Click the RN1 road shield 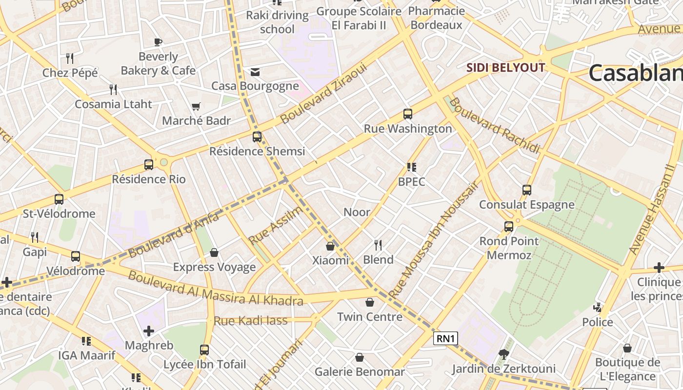tap(445, 338)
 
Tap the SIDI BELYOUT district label tap(505, 67)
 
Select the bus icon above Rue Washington tap(408, 114)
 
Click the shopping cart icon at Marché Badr tap(196, 106)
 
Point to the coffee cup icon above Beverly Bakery tap(158, 42)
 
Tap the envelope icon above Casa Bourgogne tap(255, 72)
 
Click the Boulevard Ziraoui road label tap(323, 94)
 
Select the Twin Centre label tap(370, 317)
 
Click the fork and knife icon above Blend tap(378, 245)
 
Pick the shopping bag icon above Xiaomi tap(330, 246)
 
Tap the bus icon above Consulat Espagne tap(527, 190)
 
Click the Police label tap(598, 322)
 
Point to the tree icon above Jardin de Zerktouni tap(503, 354)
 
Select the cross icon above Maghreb tap(149, 331)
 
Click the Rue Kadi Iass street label tap(251, 321)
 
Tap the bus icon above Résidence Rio tap(149, 165)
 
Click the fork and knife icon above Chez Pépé tap(70, 58)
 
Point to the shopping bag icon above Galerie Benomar tap(360, 358)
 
